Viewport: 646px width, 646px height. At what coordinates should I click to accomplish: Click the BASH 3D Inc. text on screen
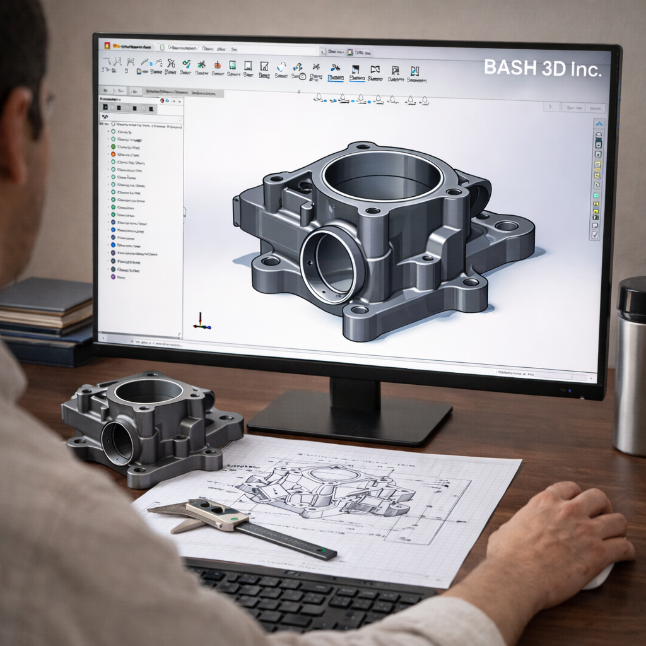(x=543, y=69)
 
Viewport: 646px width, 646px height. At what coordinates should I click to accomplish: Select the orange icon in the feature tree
(x=113, y=154)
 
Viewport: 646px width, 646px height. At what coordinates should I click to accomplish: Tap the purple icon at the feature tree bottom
(x=113, y=276)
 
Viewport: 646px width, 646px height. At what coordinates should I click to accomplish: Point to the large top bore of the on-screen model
(x=381, y=175)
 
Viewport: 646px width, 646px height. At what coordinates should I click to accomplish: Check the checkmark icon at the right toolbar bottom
(x=594, y=235)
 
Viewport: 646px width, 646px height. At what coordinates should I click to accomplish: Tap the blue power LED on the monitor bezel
(x=570, y=391)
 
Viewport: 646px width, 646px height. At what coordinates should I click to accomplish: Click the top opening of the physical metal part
(x=148, y=391)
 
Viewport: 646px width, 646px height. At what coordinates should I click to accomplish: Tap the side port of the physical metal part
(x=119, y=443)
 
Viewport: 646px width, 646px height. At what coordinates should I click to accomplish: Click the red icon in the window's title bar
(x=107, y=47)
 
